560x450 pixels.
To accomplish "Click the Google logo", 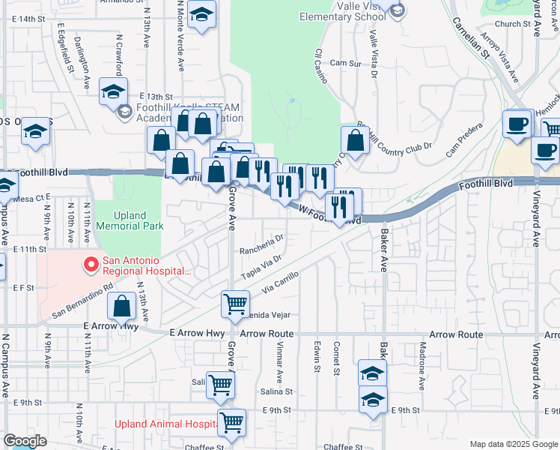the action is [x=25, y=440].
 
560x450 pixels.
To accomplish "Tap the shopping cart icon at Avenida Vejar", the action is [x=236, y=304].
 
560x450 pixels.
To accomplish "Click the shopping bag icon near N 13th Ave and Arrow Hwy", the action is [x=121, y=305].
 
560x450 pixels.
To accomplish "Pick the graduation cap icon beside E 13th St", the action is [x=113, y=91].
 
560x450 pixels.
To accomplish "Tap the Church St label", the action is [x=517, y=24].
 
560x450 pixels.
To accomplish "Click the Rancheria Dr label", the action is [x=262, y=245].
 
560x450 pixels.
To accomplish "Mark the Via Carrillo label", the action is [x=281, y=281].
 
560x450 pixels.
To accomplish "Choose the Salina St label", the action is [x=276, y=391].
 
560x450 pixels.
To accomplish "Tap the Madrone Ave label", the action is [x=423, y=359].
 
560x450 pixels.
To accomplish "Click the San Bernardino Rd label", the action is [x=82, y=298].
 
